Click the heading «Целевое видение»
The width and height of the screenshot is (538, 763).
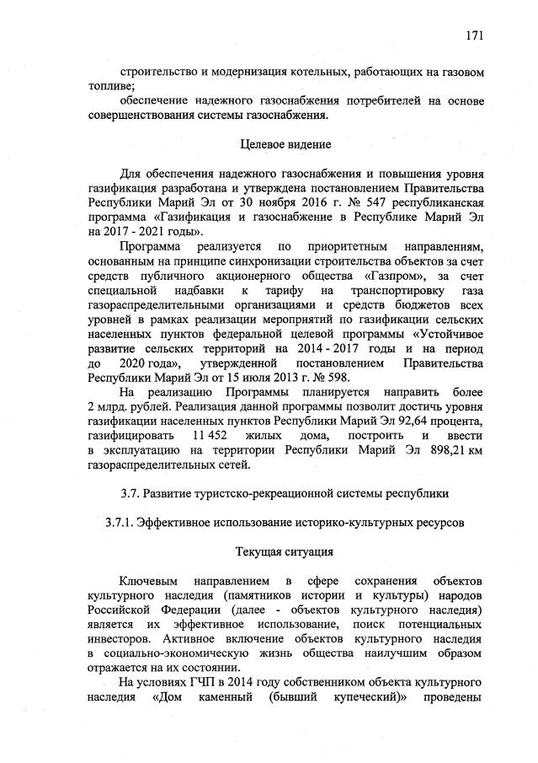pyautogui.click(x=285, y=144)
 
